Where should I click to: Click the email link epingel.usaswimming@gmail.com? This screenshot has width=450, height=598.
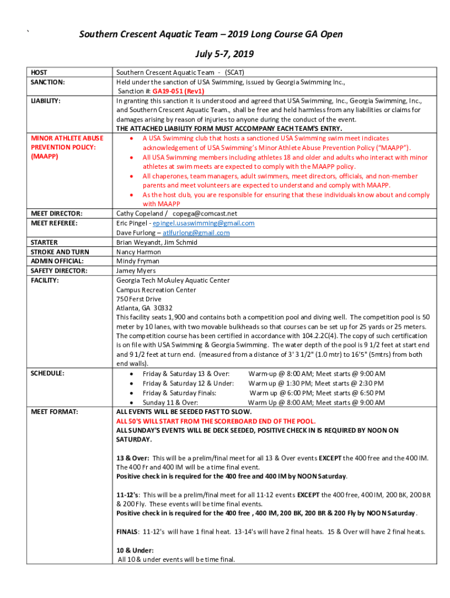(x=203, y=223)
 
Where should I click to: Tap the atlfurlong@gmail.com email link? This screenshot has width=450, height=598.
(x=196, y=232)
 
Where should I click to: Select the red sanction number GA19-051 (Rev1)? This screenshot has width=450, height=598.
(x=178, y=91)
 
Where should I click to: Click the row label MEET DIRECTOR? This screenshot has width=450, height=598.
(x=56, y=214)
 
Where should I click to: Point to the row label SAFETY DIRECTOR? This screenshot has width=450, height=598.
(x=58, y=271)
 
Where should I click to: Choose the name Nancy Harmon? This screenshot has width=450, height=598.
(x=139, y=252)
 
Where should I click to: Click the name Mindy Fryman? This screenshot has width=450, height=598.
(x=137, y=261)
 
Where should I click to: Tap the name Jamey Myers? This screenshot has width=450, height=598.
(x=136, y=271)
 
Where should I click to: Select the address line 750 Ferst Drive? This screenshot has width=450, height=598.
(x=139, y=299)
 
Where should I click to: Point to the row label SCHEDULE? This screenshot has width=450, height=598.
(x=47, y=373)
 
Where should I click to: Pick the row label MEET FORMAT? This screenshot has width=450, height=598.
(x=54, y=412)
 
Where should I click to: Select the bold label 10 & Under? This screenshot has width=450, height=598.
(x=135, y=550)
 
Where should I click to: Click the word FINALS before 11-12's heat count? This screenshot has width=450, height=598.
(x=127, y=531)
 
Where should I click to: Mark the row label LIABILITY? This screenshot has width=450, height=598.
(x=46, y=101)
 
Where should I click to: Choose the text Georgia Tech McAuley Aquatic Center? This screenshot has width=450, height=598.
(x=173, y=280)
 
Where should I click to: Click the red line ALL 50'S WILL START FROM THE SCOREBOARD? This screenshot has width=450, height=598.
(x=216, y=421)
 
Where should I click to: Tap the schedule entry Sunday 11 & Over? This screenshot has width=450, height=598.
(x=170, y=402)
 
